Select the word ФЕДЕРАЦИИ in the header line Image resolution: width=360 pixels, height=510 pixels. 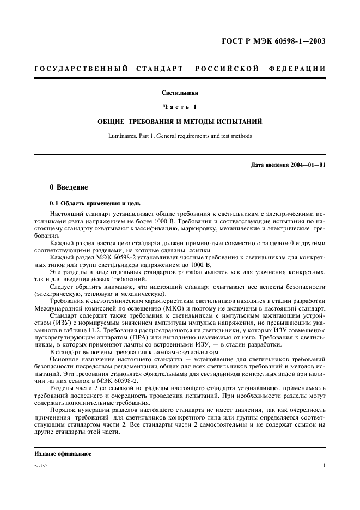297,69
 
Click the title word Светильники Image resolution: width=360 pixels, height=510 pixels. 179,93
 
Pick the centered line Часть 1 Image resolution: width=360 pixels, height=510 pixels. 179,106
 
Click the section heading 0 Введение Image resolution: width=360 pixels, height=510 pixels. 69,187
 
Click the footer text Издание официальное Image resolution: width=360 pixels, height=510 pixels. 63,453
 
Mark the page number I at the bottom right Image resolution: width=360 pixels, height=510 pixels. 324,466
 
